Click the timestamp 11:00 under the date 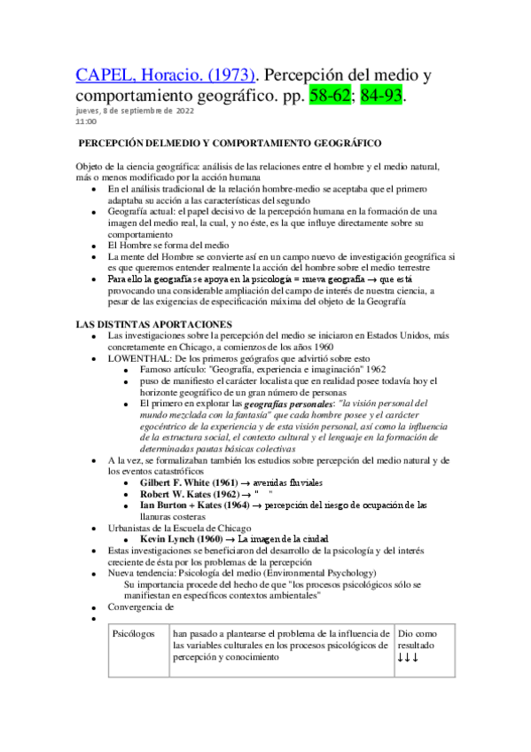click(85, 121)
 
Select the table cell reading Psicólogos click(133, 634)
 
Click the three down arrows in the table click(408, 657)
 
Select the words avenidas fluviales click(287, 482)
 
